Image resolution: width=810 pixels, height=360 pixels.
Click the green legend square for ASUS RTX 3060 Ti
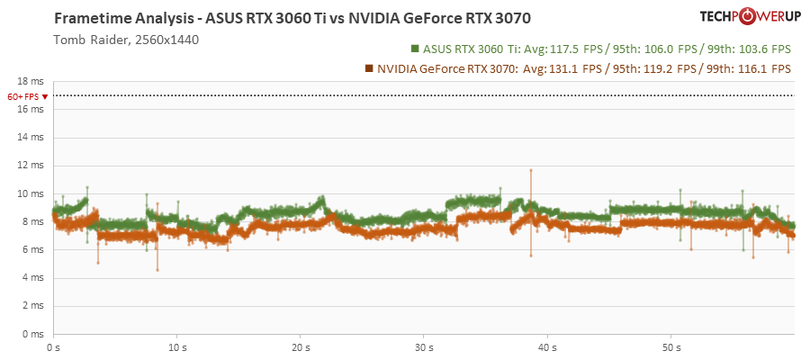[415, 49]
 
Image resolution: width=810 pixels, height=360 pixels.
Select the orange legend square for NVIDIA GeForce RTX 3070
[369, 67]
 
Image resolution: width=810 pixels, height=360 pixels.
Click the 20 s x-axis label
[300, 346]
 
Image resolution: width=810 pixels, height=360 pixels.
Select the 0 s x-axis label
[54, 346]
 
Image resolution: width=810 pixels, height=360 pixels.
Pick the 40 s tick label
[546, 346]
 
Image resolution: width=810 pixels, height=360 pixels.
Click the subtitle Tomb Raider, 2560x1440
[126, 40]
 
